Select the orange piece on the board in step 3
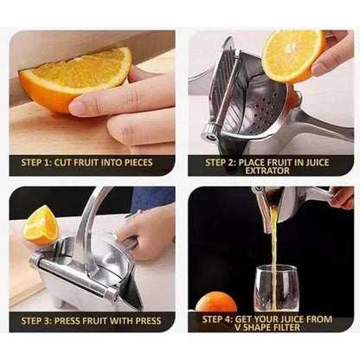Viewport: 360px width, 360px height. [x=40, y=225]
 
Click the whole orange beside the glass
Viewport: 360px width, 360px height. [x=215, y=304]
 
